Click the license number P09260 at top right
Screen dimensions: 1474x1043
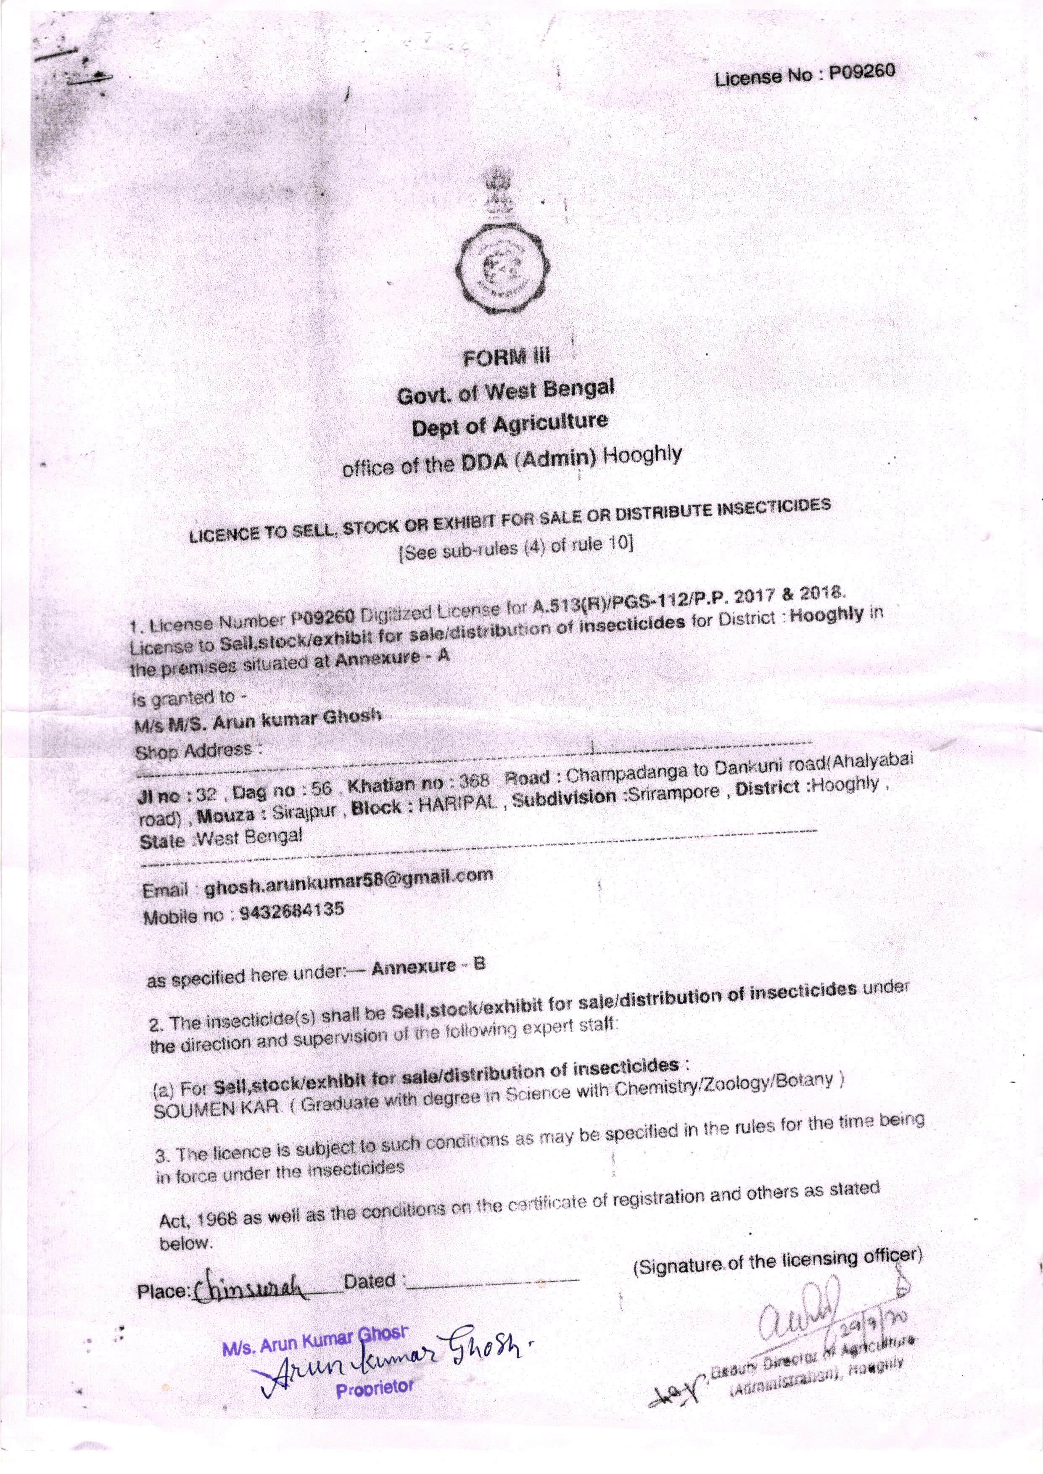[x=861, y=73]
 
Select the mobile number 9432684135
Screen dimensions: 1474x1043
[x=290, y=910]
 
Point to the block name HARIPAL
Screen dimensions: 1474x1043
[x=458, y=804]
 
